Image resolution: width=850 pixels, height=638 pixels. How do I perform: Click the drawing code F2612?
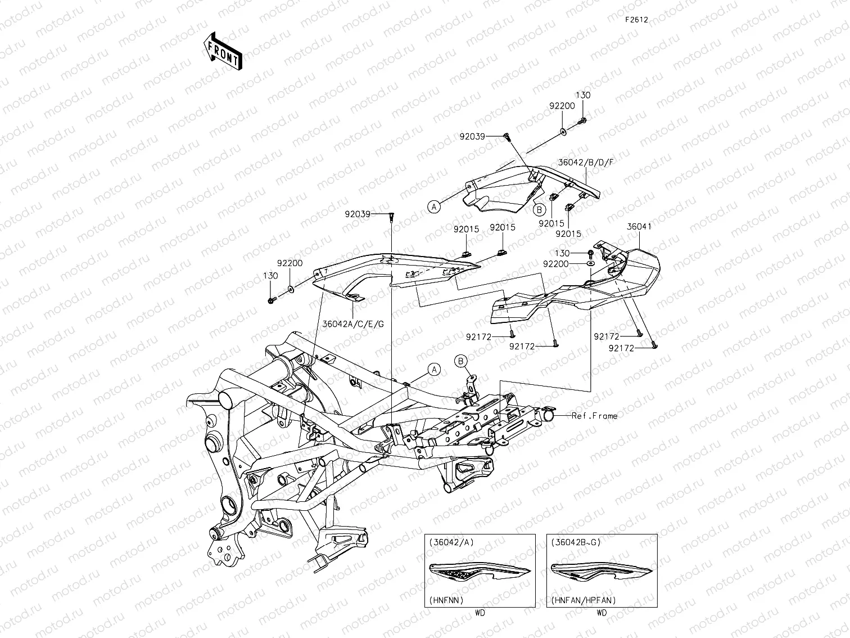coord(636,20)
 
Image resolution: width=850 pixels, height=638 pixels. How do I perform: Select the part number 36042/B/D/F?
coord(586,162)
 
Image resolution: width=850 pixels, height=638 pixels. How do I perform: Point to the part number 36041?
coord(639,227)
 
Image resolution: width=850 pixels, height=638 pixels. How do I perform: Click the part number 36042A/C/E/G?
coord(353,324)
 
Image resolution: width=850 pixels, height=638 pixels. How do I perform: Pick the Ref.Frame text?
coord(594,416)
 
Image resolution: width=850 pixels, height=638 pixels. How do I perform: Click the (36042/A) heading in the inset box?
coord(451,542)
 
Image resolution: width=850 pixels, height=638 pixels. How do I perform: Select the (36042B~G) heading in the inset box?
coord(576,542)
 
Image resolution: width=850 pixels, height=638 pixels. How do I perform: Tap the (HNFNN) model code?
coord(446,600)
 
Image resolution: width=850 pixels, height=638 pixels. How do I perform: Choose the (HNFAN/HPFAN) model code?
coord(583,600)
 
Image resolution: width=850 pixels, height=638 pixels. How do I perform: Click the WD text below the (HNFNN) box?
coord(480,613)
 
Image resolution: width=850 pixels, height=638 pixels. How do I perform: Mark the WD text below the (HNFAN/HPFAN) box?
coord(602,613)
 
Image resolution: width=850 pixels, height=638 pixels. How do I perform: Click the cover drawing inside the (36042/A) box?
coord(480,572)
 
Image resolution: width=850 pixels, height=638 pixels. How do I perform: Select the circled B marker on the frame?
coord(461,361)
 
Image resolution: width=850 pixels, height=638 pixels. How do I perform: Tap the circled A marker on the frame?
coord(434,370)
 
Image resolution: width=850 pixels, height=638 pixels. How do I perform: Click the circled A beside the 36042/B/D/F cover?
coord(433,207)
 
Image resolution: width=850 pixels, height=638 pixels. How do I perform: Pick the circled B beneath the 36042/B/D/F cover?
coord(539,209)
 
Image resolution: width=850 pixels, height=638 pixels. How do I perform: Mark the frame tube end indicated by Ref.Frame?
coord(548,416)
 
